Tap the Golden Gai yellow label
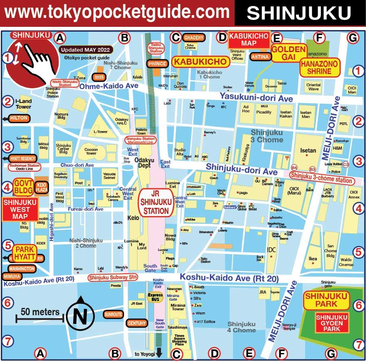tap(288, 53)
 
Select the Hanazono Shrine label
tap(316, 68)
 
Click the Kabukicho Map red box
tap(249, 39)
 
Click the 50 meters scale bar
tap(39, 319)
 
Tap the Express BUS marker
tap(155, 297)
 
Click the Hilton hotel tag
tap(19, 118)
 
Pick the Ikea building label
tap(313, 259)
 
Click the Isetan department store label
tap(308, 150)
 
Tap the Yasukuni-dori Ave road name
tap(256, 98)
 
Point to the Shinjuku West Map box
tap(20, 209)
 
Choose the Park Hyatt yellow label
tap(24, 253)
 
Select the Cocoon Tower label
tap(91, 151)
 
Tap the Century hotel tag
tap(137, 323)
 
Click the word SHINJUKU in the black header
tap(299, 13)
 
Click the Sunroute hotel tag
tap(113, 314)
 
